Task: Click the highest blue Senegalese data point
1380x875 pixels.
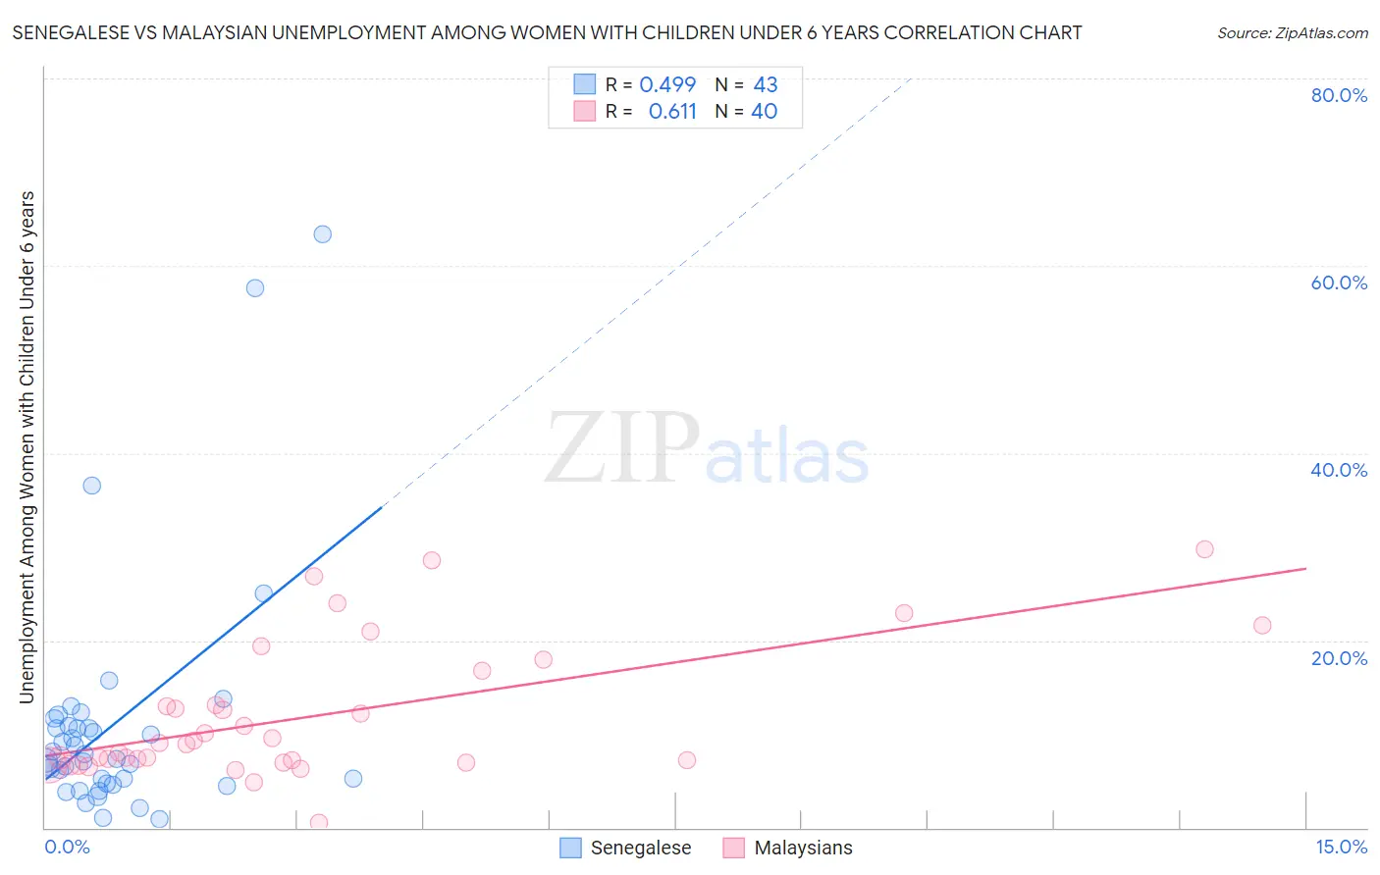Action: click(x=322, y=234)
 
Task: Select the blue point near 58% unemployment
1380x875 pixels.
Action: click(x=255, y=288)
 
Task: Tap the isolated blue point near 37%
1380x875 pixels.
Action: click(x=91, y=486)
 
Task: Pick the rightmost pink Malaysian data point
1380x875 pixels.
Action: click(x=1262, y=626)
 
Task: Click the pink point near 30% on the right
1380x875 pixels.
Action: click(x=1204, y=549)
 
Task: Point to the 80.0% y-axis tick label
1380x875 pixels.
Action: click(x=1339, y=95)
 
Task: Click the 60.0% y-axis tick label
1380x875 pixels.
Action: click(x=1339, y=283)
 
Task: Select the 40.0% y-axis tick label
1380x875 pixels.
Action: click(x=1339, y=470)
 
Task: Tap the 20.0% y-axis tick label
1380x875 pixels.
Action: click(x=1339, y=658)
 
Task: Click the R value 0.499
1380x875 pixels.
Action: click(x=667, y=85)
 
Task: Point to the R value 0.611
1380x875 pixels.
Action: click(x=672, y=112)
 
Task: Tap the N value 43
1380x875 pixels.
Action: click(x=765, y=85)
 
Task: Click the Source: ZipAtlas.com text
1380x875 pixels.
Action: click(x=1292, y=33)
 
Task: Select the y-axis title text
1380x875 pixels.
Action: click(x=27, y=447)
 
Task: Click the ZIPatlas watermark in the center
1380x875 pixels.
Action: click(x=707, y=448)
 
